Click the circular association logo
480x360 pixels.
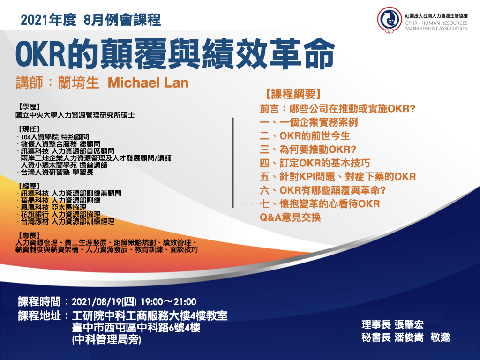point(390,20)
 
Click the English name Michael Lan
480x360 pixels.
point(148,83)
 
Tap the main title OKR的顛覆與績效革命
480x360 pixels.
point(175,53)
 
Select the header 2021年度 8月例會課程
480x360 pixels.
point(90,20)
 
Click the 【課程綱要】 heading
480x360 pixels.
point(293,94)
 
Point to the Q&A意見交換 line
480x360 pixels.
point(290,217)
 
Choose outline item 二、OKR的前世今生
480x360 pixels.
point(305,136)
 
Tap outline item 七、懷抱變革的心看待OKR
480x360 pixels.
point(320,204)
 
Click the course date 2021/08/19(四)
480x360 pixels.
point(104,302)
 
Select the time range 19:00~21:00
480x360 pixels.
point(168,302)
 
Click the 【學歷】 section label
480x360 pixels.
point(30,106)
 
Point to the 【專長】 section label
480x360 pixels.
point(30,235)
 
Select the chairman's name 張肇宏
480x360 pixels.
point(409,324)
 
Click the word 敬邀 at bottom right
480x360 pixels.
point(440,337)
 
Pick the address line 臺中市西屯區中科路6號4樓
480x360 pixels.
point(136,328)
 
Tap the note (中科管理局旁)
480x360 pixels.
point(106,340)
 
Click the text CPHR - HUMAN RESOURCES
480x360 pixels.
point(436,23)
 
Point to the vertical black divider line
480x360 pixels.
point(233,163)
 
